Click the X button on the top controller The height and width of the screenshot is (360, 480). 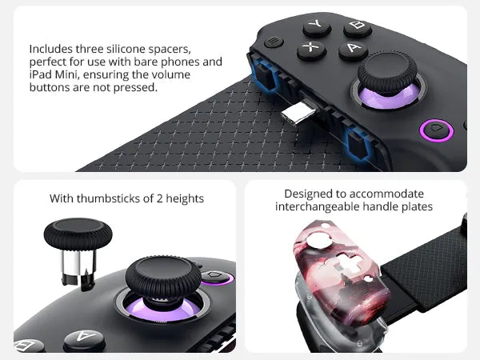(311, 49)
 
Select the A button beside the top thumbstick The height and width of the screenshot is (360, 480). (352, 50)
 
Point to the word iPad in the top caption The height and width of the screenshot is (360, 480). (38, 74)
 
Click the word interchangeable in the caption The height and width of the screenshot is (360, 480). (314, 206)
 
